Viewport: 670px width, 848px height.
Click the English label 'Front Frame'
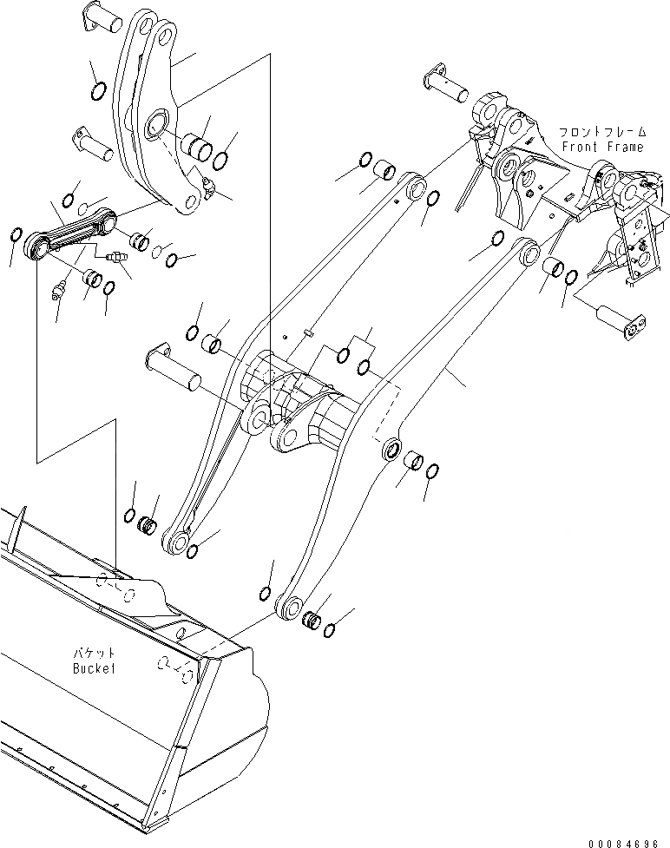click(x=602, y=147)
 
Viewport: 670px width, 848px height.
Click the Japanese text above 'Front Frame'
click(x=602, y=132)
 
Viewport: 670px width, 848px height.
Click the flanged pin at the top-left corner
click(x=103, y=23)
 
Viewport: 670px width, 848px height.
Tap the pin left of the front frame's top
click(x=450, y=84)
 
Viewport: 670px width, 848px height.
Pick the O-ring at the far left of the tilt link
click(x=15, y=236)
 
